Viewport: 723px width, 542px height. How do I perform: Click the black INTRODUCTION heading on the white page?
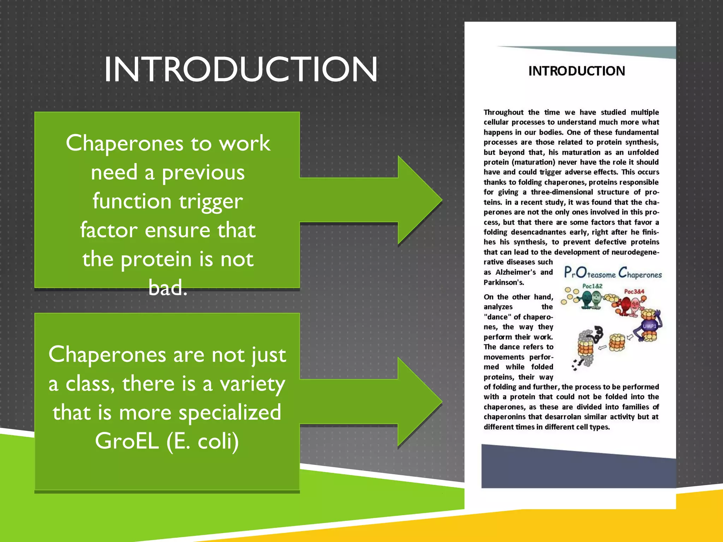point(576,71)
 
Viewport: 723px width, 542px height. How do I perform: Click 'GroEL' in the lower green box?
point(127,441)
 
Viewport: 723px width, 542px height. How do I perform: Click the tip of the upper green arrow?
point(442,200)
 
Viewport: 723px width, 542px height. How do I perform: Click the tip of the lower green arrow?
point(442,402)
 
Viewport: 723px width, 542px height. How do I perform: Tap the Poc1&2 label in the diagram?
point(592,286)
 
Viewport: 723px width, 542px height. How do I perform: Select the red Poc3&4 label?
point(634,291)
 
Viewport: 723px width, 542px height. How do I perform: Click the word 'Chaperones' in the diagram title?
point(640,273)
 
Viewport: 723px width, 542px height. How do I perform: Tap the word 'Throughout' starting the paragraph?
point(503,112)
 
